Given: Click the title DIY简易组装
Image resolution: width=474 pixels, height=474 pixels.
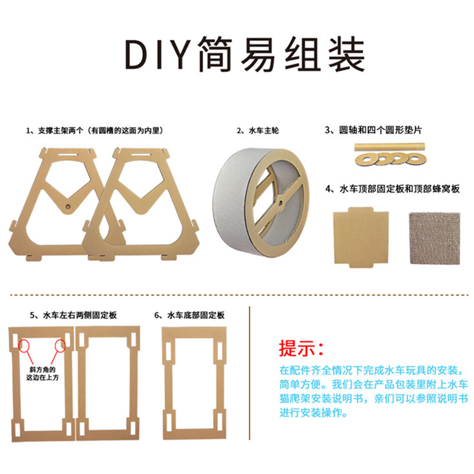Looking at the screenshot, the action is tap(245, 54).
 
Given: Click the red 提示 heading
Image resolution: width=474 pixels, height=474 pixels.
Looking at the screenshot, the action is tap(301, 348).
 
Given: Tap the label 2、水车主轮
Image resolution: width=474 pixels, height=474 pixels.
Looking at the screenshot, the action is tap(258, 130).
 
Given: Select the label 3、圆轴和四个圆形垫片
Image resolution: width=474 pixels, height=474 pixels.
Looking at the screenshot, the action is tap(373, 130).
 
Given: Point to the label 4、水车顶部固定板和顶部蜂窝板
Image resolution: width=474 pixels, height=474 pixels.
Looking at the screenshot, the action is tap(392, 189).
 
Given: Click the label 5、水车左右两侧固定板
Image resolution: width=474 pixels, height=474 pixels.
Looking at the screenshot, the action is tap(73, 315).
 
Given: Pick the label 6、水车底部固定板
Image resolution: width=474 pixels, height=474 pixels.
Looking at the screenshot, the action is tap(190, 315).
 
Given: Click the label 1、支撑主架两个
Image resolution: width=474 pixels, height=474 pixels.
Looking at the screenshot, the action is tap(55, 130).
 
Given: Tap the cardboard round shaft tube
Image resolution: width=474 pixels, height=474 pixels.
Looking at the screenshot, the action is tap(390, 147).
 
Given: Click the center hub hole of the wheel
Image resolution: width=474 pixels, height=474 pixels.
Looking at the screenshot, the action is tap(280, 204).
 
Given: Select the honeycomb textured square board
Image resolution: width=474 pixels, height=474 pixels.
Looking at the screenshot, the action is tap(435, 238).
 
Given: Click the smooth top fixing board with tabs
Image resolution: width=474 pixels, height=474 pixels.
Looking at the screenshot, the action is tap(361, 238).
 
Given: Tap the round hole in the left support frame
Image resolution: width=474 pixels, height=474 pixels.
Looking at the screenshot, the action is tap(68, 207).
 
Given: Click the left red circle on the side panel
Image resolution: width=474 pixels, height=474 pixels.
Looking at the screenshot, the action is tap(24, 345).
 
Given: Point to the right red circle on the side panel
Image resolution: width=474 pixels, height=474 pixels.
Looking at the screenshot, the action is tap(60, 346).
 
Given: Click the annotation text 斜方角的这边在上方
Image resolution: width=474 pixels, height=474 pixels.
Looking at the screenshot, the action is tap(42, 374).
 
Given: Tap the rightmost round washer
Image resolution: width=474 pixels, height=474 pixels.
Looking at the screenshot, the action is tap(416, 159).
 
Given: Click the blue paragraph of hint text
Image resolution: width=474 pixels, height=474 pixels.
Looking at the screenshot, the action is tap(374, 392).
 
